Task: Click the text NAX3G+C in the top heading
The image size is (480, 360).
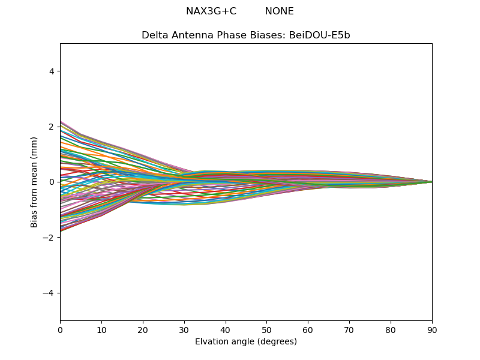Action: pyautogui.click(x=211, y=11)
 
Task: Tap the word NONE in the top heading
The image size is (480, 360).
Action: pyautogui.click(x=279, y=11)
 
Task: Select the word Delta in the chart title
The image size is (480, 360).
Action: pyautogui.click(x=154, y=35)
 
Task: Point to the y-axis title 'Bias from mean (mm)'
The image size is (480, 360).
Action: pyautogui.click(x=35, y=182)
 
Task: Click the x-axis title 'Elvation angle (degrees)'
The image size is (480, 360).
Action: pyautogui.click(x=246, y=342)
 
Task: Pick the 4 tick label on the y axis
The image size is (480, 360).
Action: pyautogui.click(x=52, y=71)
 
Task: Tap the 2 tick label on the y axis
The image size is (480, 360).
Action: pyautogui.click(x=52, y=127)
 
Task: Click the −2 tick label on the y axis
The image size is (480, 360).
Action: pyautogui.click(x=49, y=238)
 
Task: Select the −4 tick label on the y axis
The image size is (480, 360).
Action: pyautogui.click(x=49, y=293)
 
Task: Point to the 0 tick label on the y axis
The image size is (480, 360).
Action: pyautogui.click(x=52, y=182)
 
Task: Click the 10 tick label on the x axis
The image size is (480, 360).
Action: pyautogui.click(x=101, y=329)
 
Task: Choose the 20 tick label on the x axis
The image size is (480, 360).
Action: pyautogui.click(x=143, y=329)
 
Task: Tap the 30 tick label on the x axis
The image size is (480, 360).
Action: pyautogui.click(x=184, y=329)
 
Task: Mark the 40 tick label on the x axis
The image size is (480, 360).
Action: pyautogui.click(x=226, y=329)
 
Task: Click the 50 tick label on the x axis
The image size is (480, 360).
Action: pyautogui.click(x=266, y=329)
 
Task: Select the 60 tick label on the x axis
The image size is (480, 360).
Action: pyautogui.click(x=308, y=329)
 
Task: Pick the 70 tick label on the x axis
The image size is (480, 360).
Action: pyautogui.click(x=349, y=329)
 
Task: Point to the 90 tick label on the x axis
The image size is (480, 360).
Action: pyautogui.click(x=432, y=329)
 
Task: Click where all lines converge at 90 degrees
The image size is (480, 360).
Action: pyautogui.click(x=431, y=182)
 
